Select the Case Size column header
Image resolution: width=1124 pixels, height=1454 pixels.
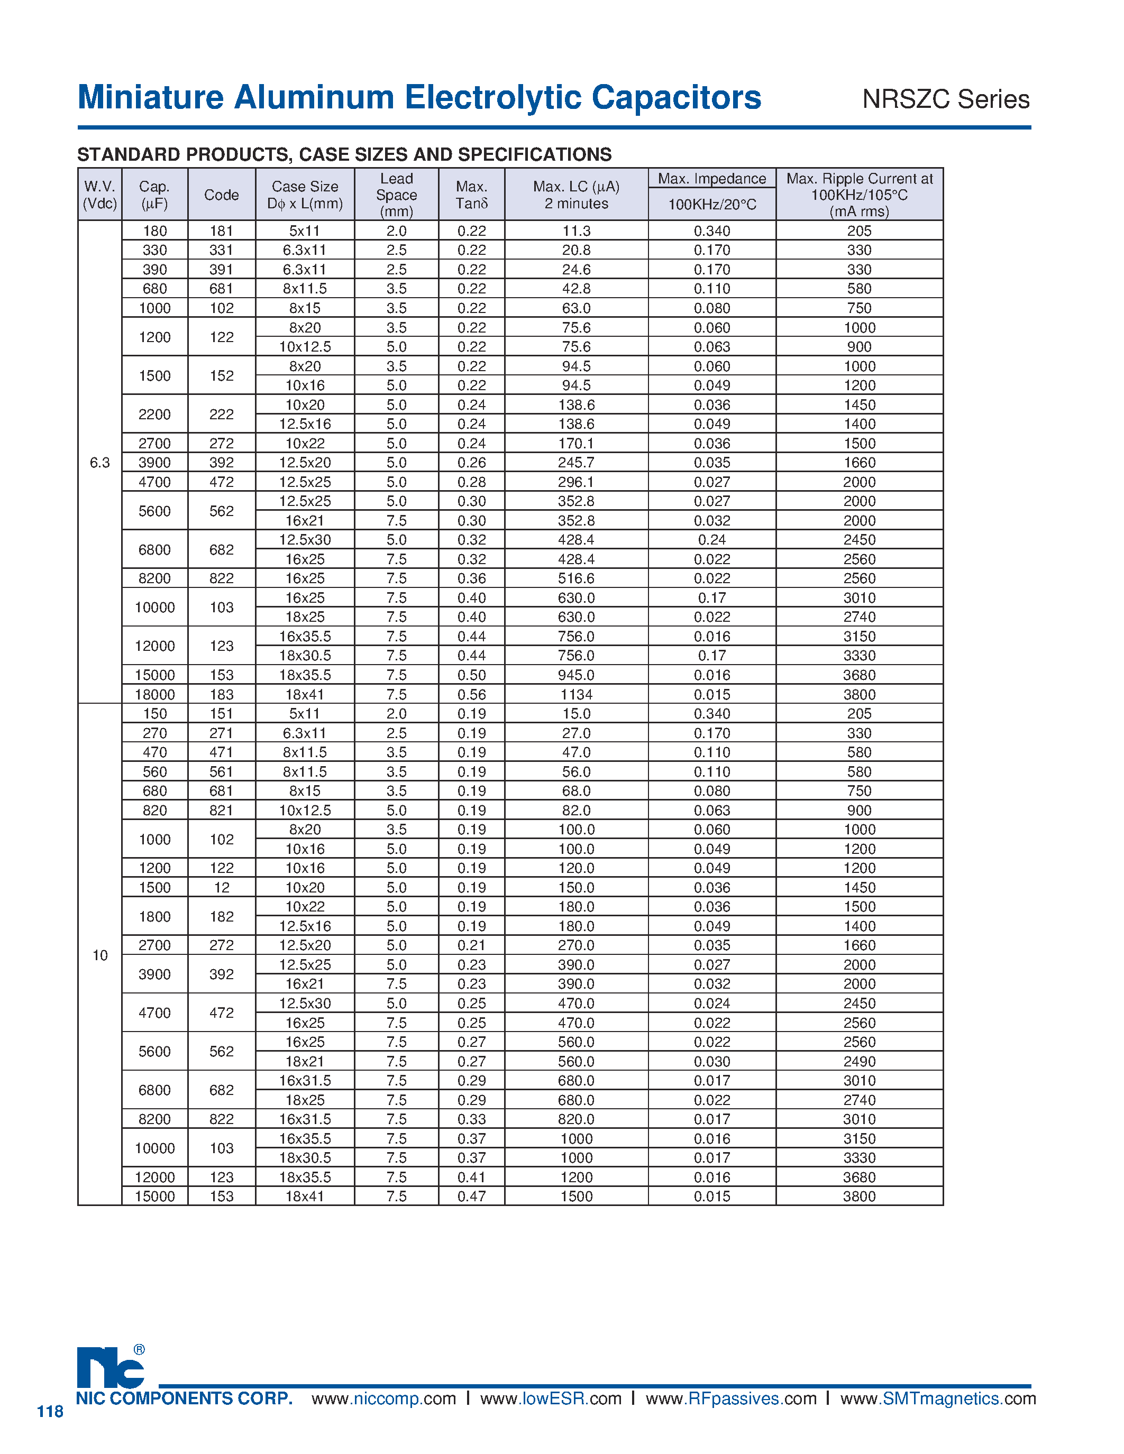tap(305, 195)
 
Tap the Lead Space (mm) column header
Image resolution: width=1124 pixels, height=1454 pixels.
tap(396, 195)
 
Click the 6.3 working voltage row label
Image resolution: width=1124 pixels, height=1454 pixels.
tap(100, 463)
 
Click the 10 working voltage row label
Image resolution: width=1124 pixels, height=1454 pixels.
tap(100, 955)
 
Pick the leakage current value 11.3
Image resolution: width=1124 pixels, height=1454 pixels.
tap(576, 231)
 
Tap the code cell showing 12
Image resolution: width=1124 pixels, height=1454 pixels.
tap(222, 887)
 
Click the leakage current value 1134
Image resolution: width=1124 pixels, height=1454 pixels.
tap(576, 694)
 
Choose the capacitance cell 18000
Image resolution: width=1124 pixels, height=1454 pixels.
tap(154, 694)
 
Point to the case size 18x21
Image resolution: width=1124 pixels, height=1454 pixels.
tap(305, 1061)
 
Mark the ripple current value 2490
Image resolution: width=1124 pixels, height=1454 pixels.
tap(859, 1061)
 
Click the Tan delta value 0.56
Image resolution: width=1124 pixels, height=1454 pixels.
tap(471, 694)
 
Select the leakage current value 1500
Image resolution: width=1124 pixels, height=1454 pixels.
tap(576, 1197)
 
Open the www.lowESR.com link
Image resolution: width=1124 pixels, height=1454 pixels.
tap(551, 1398)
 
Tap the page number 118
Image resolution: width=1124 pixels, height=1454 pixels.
tap(50, 1411)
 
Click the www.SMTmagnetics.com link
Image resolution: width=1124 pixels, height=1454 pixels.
tap(938, 1398)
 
